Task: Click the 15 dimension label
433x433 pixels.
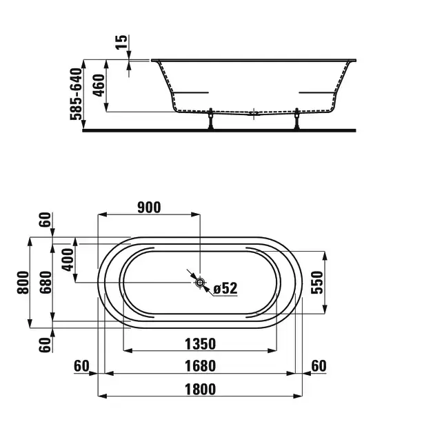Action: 121,42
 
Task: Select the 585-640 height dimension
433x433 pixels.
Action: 77,94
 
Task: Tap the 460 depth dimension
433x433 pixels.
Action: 99,85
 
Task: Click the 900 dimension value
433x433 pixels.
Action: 149,208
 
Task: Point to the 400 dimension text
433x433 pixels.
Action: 68,259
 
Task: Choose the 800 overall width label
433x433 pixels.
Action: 23,283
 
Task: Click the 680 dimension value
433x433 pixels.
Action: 46,283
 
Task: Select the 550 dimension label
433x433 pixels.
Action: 316,283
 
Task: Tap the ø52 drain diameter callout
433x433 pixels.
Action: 225,288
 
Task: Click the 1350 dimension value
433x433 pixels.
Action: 200,344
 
